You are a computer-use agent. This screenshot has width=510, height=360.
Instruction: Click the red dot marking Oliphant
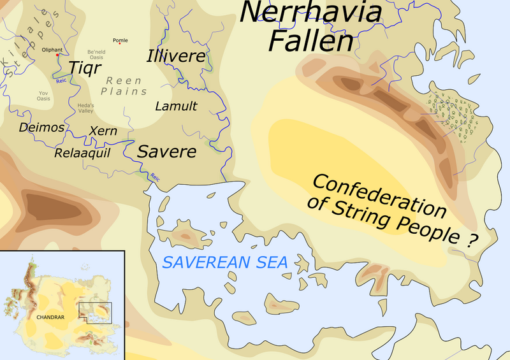point(58,55)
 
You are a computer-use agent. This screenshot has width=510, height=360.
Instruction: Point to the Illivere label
point(177,57)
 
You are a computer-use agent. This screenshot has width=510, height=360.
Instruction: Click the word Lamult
point(176,106)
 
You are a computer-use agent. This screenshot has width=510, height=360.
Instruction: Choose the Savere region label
point(166,153)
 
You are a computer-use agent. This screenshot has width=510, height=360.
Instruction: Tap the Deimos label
point(41,127)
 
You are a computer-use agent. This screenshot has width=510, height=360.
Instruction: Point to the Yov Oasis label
point(43,96)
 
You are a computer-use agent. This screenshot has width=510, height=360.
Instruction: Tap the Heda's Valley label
point(85,108)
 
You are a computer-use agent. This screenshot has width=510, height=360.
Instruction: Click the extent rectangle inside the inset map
point(94,312)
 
